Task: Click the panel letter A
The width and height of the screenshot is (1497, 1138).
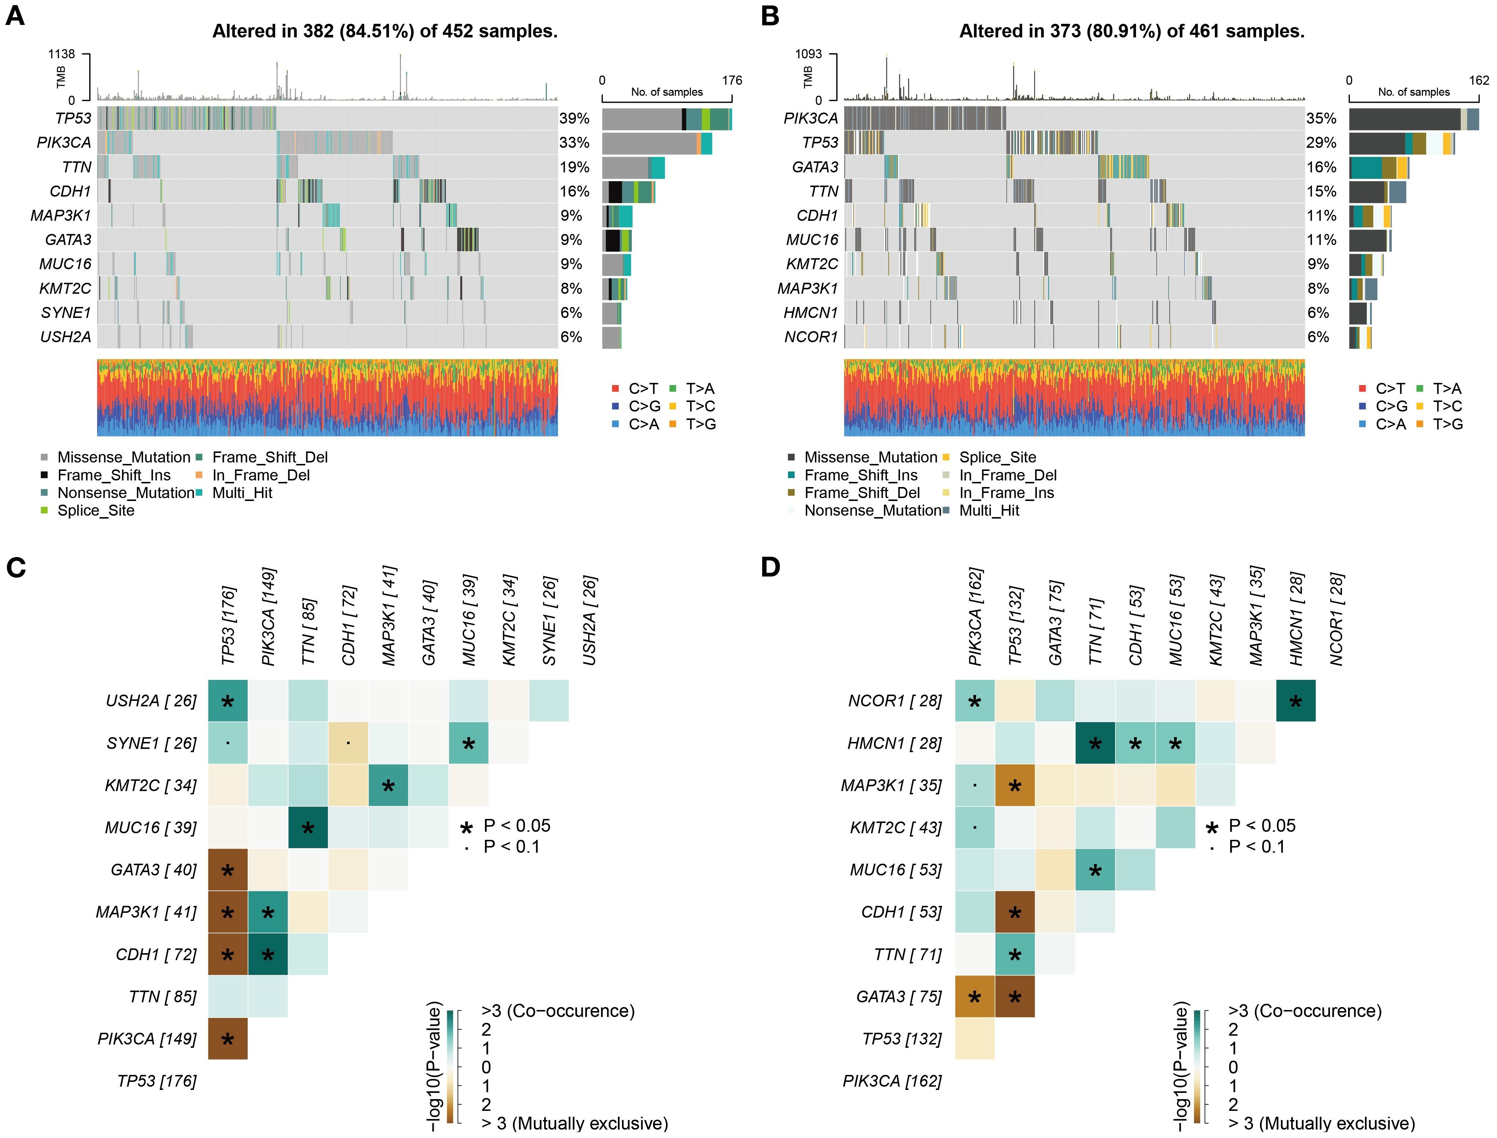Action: pos(15,16)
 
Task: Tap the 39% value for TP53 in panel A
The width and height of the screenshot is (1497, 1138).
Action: pos(574,118)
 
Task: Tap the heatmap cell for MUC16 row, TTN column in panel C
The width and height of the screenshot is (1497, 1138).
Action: pos(308,827)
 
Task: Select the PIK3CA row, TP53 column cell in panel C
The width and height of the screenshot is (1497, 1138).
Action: pos(228,1038)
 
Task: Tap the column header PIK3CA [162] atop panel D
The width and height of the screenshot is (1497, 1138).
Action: pos(975,617)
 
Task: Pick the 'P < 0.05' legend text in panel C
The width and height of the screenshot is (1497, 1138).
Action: pos(516,826)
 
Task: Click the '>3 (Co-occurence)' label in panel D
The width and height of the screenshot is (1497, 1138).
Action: pos(1304,1011)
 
